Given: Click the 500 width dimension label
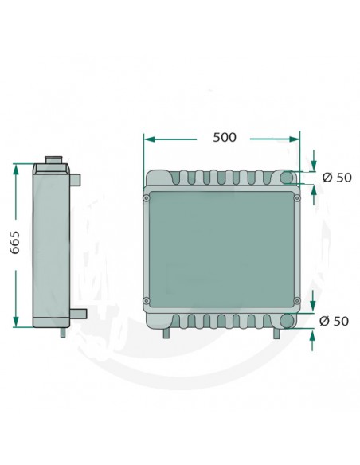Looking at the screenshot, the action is pyautogui.click(x=225, y=137).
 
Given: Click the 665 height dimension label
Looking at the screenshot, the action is pyautogui.click(x=14, y=242).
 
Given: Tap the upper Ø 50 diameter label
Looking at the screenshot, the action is pyautogui.click(x=337, y=178).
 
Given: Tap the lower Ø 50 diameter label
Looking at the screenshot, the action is pyautogui.click(x=334, y=321).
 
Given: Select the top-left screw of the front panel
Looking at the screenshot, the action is pyautogui.click(x=147, y=198).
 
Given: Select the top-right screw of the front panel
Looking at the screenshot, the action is pyautogui.click(x=297, y=197).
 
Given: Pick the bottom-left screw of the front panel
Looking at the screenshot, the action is pyautogui.click(x=147, y=301).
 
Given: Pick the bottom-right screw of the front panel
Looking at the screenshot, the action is pyautogui.click(x=297, y=301).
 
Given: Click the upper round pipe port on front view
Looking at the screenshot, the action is pyautogui.click(x=287, y=177).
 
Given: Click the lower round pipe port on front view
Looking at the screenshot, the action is pyautogui.click(x=287, y=321).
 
